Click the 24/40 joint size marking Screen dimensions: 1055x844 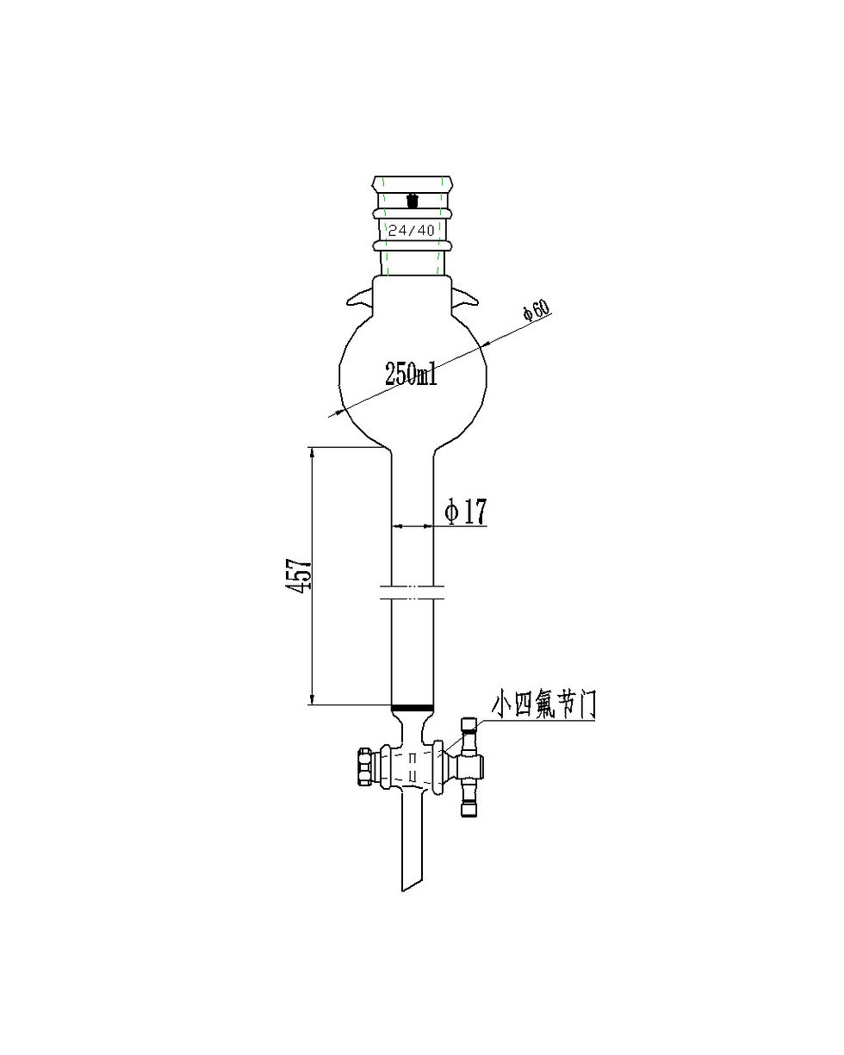pos(412,230)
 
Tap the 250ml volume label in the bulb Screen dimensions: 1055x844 pos(411,375)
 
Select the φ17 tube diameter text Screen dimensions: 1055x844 pos(466,512)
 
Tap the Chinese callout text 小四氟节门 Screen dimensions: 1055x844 pos(543,704)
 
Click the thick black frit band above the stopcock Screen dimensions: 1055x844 pos(412,709)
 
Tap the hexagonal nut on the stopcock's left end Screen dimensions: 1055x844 pos(363,766)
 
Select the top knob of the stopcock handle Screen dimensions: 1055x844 pos(469,727)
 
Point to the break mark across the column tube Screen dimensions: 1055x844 pos(412,592)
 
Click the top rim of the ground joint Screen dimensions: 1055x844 pos(412,182)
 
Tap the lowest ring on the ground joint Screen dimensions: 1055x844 pos(412,245)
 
